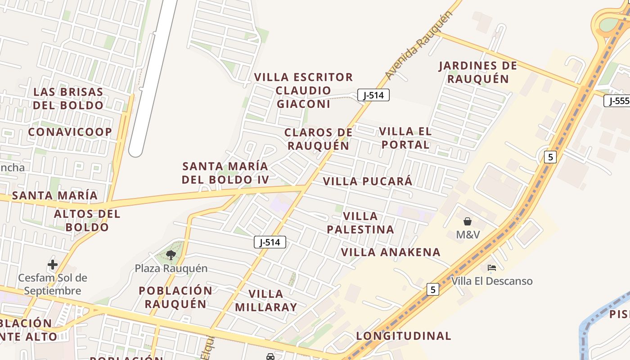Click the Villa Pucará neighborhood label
tap(368, 181)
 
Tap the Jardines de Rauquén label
tap(478, 72)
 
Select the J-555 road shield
tap(617, 101)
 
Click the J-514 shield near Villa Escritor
tap(373, 95)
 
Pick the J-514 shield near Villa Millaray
tap(270, 242)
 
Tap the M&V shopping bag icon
tap(468, 221)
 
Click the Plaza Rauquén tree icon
tap(171, 255)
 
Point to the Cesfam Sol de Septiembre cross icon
tap(53, 265)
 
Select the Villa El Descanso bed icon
tap(492, 268)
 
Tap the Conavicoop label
tap(70, 132)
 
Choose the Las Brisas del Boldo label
tap(68, 99)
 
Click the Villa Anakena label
tap(391, 252)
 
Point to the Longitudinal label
tap(404, 336)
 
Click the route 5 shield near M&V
tap(550, 157)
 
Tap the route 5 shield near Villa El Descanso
tap(432, 289)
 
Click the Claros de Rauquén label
tap(319, 139)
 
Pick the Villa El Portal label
tap(405, 138)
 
